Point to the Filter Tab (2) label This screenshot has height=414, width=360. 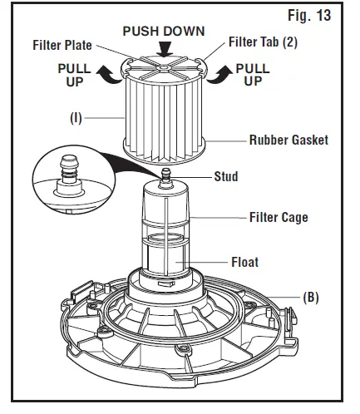266,42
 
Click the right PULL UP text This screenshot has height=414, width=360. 255,74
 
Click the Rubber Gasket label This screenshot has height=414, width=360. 288,140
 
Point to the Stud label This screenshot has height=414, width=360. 225,176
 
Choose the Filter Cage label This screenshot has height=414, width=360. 279,218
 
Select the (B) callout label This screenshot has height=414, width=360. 310,296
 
